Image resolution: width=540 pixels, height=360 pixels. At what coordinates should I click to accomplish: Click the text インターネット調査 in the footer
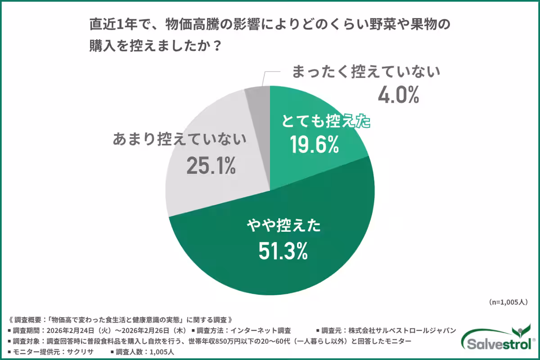tap(264, 330)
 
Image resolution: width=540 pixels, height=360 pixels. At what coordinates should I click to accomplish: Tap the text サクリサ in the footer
tap(79, 352)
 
